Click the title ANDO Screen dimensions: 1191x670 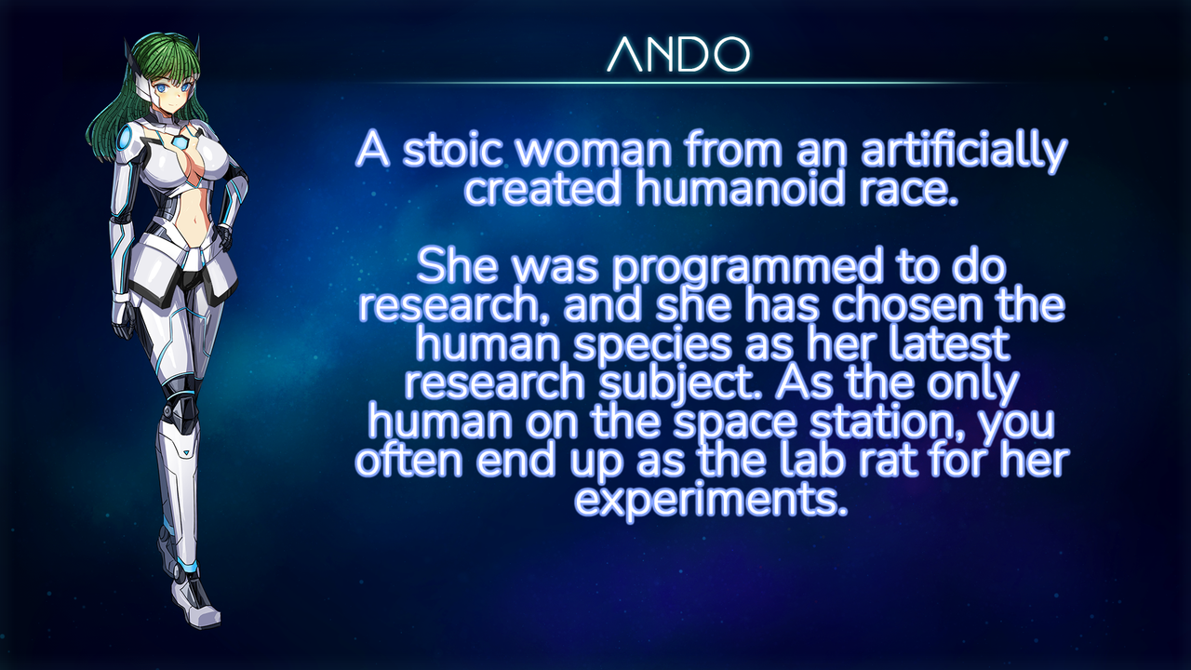tap(678, 54)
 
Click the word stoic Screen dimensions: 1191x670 tap(452, 151)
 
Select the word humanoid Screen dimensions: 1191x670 tap(740, 189)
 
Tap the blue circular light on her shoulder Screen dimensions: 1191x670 tap(126, 140)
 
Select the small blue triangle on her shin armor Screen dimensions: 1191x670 tap(187, 452)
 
